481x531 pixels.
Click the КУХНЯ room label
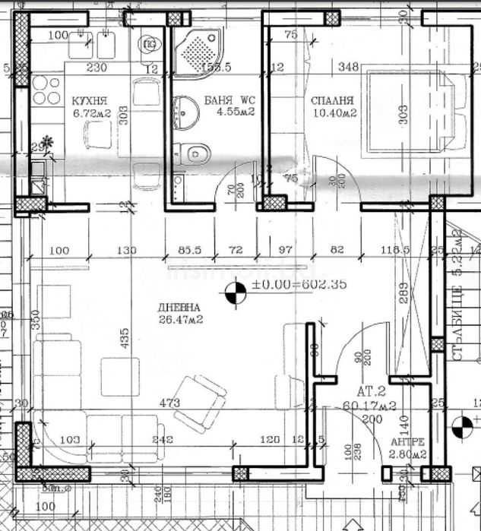click(x=89, y=100)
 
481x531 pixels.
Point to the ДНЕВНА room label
click(x=179, y=308)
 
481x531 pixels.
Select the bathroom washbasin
click(x=184, y=114)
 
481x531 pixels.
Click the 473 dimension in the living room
click(x=170, y=403)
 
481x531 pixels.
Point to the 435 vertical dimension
click(x=125, y=334)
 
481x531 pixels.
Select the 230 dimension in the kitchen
click(x=95, y=68)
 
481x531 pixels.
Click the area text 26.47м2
click(x=179, y=320)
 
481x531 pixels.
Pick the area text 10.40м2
click(x=334, y=112)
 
